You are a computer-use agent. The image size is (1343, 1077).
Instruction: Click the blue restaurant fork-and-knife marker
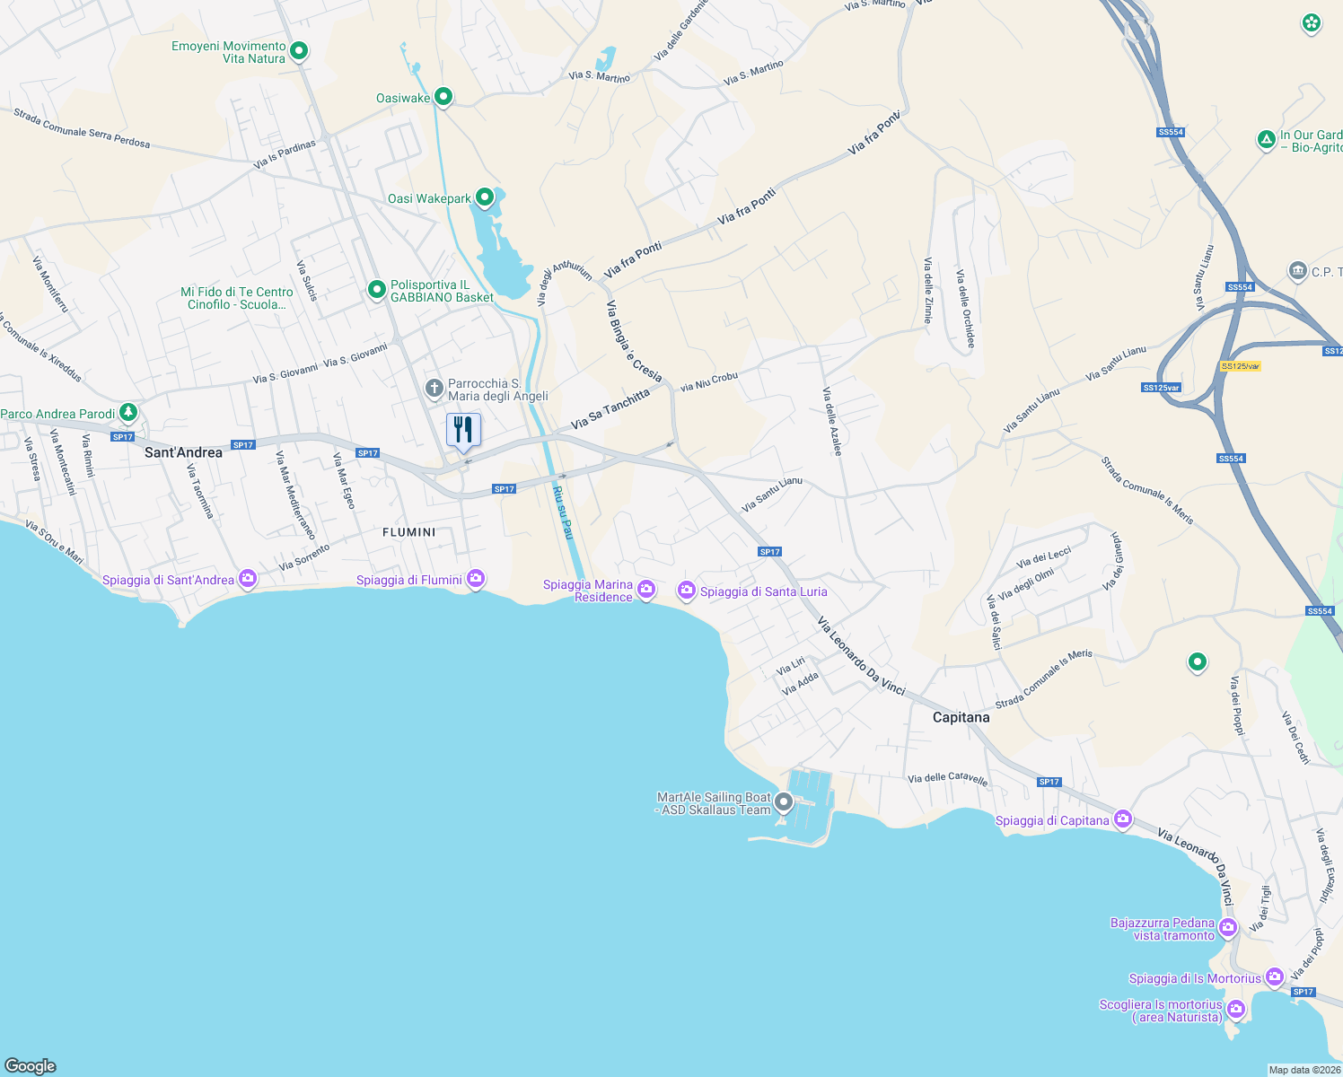pos(463,430)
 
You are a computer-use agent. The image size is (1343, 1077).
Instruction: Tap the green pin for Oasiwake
pos(443,97)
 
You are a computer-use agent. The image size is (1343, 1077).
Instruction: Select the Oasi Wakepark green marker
pos(485,197)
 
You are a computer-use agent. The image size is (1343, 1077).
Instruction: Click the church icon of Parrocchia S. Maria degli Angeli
pos(434,389)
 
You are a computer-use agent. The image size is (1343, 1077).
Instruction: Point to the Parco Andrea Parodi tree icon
pos(128,413)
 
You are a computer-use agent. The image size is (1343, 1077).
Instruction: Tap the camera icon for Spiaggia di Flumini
pos(476,579)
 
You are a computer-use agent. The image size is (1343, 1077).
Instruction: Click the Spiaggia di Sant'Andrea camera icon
pos(248,579)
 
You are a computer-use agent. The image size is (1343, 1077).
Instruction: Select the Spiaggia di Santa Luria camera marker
pos(687,590)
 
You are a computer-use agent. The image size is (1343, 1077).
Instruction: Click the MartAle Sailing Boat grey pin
pos(784,801)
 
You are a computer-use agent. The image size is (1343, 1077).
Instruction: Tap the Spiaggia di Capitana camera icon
pos(1122,819)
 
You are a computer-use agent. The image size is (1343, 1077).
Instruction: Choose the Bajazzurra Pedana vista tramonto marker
pos(1228,928)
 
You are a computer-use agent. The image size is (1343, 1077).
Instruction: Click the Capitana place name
pos(961,717)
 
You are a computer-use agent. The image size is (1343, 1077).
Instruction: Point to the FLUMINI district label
pos(408,532)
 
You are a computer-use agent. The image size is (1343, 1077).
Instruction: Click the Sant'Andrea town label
pos(183,452)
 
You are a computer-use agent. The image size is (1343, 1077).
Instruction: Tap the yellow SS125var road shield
pos(1241,366)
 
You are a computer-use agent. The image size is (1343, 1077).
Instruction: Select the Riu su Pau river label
pos(563,512)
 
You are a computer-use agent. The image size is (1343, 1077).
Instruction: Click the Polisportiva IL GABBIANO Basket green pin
pos(377,290)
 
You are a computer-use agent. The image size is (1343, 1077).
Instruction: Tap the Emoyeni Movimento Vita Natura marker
pos(299,51)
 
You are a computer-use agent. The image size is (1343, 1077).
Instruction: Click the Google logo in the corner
pos(31,1065)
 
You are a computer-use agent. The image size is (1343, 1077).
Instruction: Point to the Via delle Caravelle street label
pos(947,779)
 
